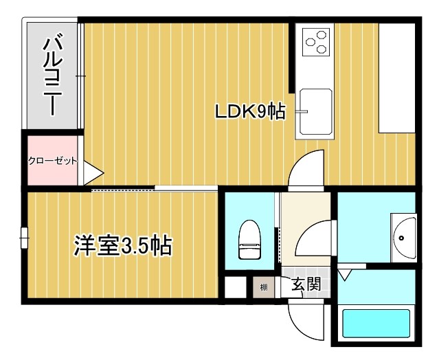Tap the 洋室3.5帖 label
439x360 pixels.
coord(123,245)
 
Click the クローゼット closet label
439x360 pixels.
coord(52,161)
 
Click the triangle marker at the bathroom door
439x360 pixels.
coord(344,275)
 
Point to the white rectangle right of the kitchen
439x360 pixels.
coord(396,78)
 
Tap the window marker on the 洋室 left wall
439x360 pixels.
coord(25,238)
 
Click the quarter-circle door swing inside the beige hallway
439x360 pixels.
coord(310,237)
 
